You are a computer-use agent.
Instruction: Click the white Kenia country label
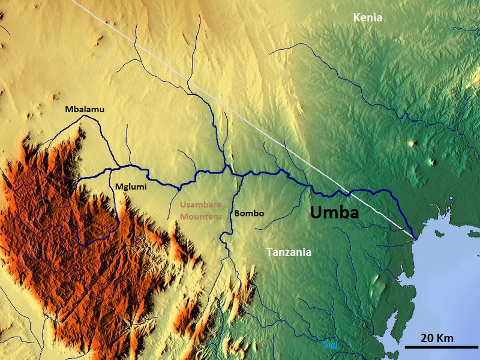(367, 18)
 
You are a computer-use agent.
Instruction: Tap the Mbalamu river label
(85, 109)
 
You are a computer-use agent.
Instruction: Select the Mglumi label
(131, 187)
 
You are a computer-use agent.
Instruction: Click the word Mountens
(202, 215)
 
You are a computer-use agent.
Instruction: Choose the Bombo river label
(250, 213)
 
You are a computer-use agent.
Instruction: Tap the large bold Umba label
(334, 212)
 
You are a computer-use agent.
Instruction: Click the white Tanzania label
(289, 253)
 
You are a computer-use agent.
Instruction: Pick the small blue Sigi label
(329, 345)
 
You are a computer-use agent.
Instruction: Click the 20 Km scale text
(436, 338)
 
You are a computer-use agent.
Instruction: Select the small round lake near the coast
(451, 199)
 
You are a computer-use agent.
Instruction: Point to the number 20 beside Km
(427, 338)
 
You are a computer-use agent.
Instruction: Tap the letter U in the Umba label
(316, 212)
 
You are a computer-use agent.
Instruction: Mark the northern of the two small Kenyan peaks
(412, 143)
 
